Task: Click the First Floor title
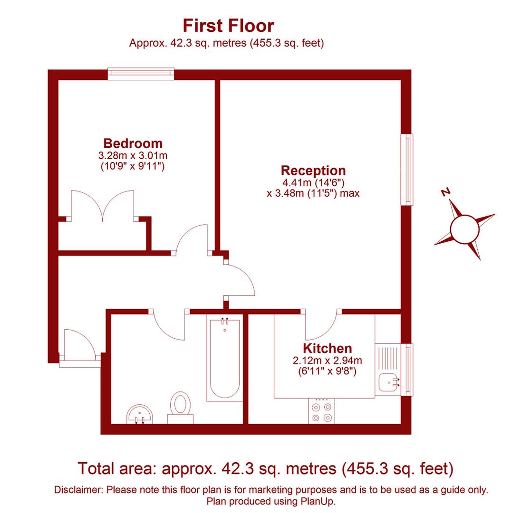[x=228, y=25]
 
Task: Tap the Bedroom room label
[x=133, y=143]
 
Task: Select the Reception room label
[x=313, y=170]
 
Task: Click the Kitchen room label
[x=327, y=348]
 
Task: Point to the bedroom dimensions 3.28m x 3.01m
[x=133, y=155]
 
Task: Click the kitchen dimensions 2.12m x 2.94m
[x=327, y=361]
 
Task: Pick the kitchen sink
[x=389, y=381]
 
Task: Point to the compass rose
[x=464, y=229]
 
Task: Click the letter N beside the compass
[x=445, y=192]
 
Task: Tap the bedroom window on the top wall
[x=141, y=73]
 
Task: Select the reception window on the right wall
[x=407, y=170]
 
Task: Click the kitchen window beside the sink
[x=407, y=370]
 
